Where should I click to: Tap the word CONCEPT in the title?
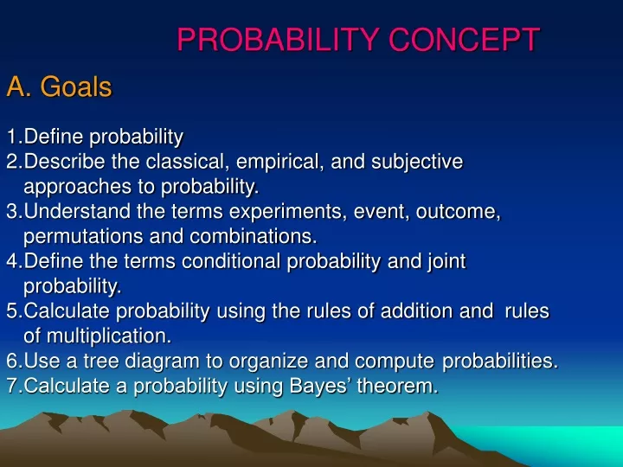464,40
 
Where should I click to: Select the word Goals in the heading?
76,86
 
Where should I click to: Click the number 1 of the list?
12,137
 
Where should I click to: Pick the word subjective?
417,163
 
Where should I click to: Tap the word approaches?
78,188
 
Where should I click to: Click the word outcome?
458,212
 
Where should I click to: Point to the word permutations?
83,237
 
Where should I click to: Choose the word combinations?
253,236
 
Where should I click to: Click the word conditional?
231,261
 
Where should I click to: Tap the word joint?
446,262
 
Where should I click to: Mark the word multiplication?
109,336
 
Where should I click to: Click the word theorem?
397,386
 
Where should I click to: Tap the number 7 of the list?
12,386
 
